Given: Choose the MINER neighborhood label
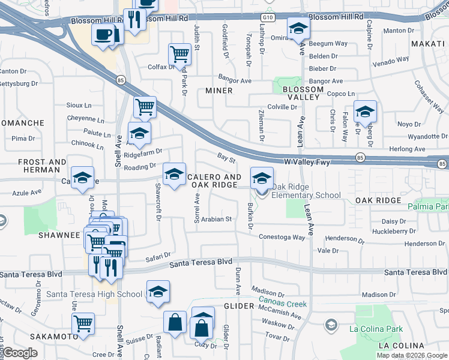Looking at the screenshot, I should [x=218, y=91].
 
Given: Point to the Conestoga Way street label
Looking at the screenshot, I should [x=282, y=237].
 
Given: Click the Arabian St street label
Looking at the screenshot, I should [x=217, y=220].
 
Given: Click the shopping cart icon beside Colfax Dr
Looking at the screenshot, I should [x=179, y=54].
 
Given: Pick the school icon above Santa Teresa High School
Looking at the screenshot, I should [x=158, y=292].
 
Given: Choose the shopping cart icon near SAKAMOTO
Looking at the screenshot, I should [x=83, y=323].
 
